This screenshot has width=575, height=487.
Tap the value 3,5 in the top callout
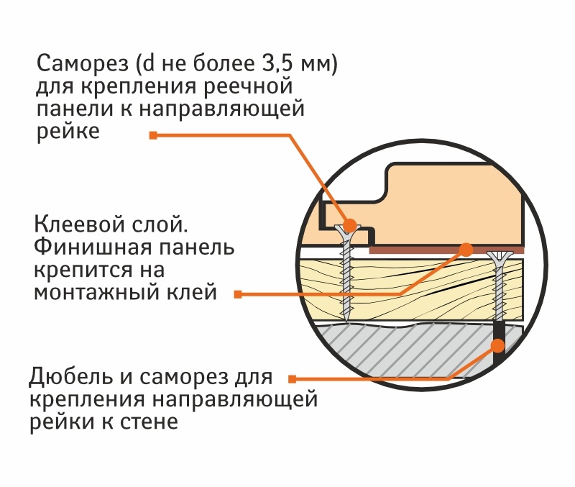coord(259,64)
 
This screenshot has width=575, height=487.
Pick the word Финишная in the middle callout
coord(84,248)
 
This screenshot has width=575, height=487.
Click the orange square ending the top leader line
coord(153,135)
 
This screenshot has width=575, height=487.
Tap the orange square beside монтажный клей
coord(238,293)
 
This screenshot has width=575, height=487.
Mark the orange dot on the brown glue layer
coord(466,250)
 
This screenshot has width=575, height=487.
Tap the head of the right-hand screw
coord(497,255)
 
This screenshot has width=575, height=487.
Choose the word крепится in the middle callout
coord(76,270)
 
